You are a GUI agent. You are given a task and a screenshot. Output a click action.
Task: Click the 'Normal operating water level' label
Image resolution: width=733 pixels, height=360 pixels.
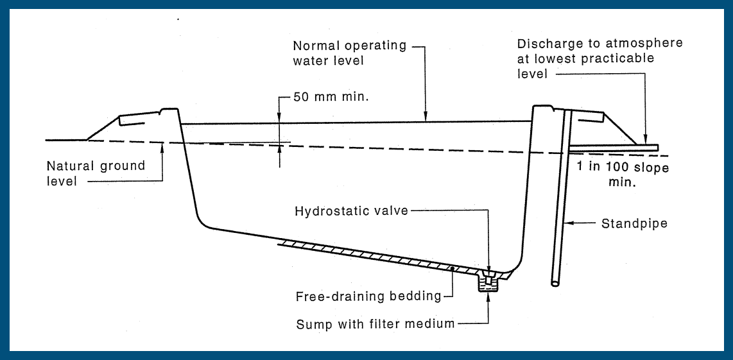point(349,53)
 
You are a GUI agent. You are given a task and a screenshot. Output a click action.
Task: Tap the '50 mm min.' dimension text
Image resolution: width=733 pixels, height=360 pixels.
point(327,98)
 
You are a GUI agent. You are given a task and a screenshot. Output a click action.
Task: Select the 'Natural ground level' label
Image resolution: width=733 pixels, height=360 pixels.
point(96,173)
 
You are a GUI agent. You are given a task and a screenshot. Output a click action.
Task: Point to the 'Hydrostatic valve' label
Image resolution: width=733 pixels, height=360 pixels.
point(351,211)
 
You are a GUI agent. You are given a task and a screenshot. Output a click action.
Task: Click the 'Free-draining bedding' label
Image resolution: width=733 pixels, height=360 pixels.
point(368,296)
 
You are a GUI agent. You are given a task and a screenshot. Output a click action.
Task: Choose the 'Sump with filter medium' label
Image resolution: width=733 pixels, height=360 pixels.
point(375,323)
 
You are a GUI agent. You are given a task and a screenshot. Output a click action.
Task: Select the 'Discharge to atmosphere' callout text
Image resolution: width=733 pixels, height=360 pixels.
point(599,58)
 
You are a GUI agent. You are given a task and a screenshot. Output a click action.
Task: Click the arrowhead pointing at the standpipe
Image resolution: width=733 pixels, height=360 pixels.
point(569,224)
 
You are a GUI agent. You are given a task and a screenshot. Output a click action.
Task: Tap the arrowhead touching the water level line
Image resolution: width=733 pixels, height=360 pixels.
point(425,116)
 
